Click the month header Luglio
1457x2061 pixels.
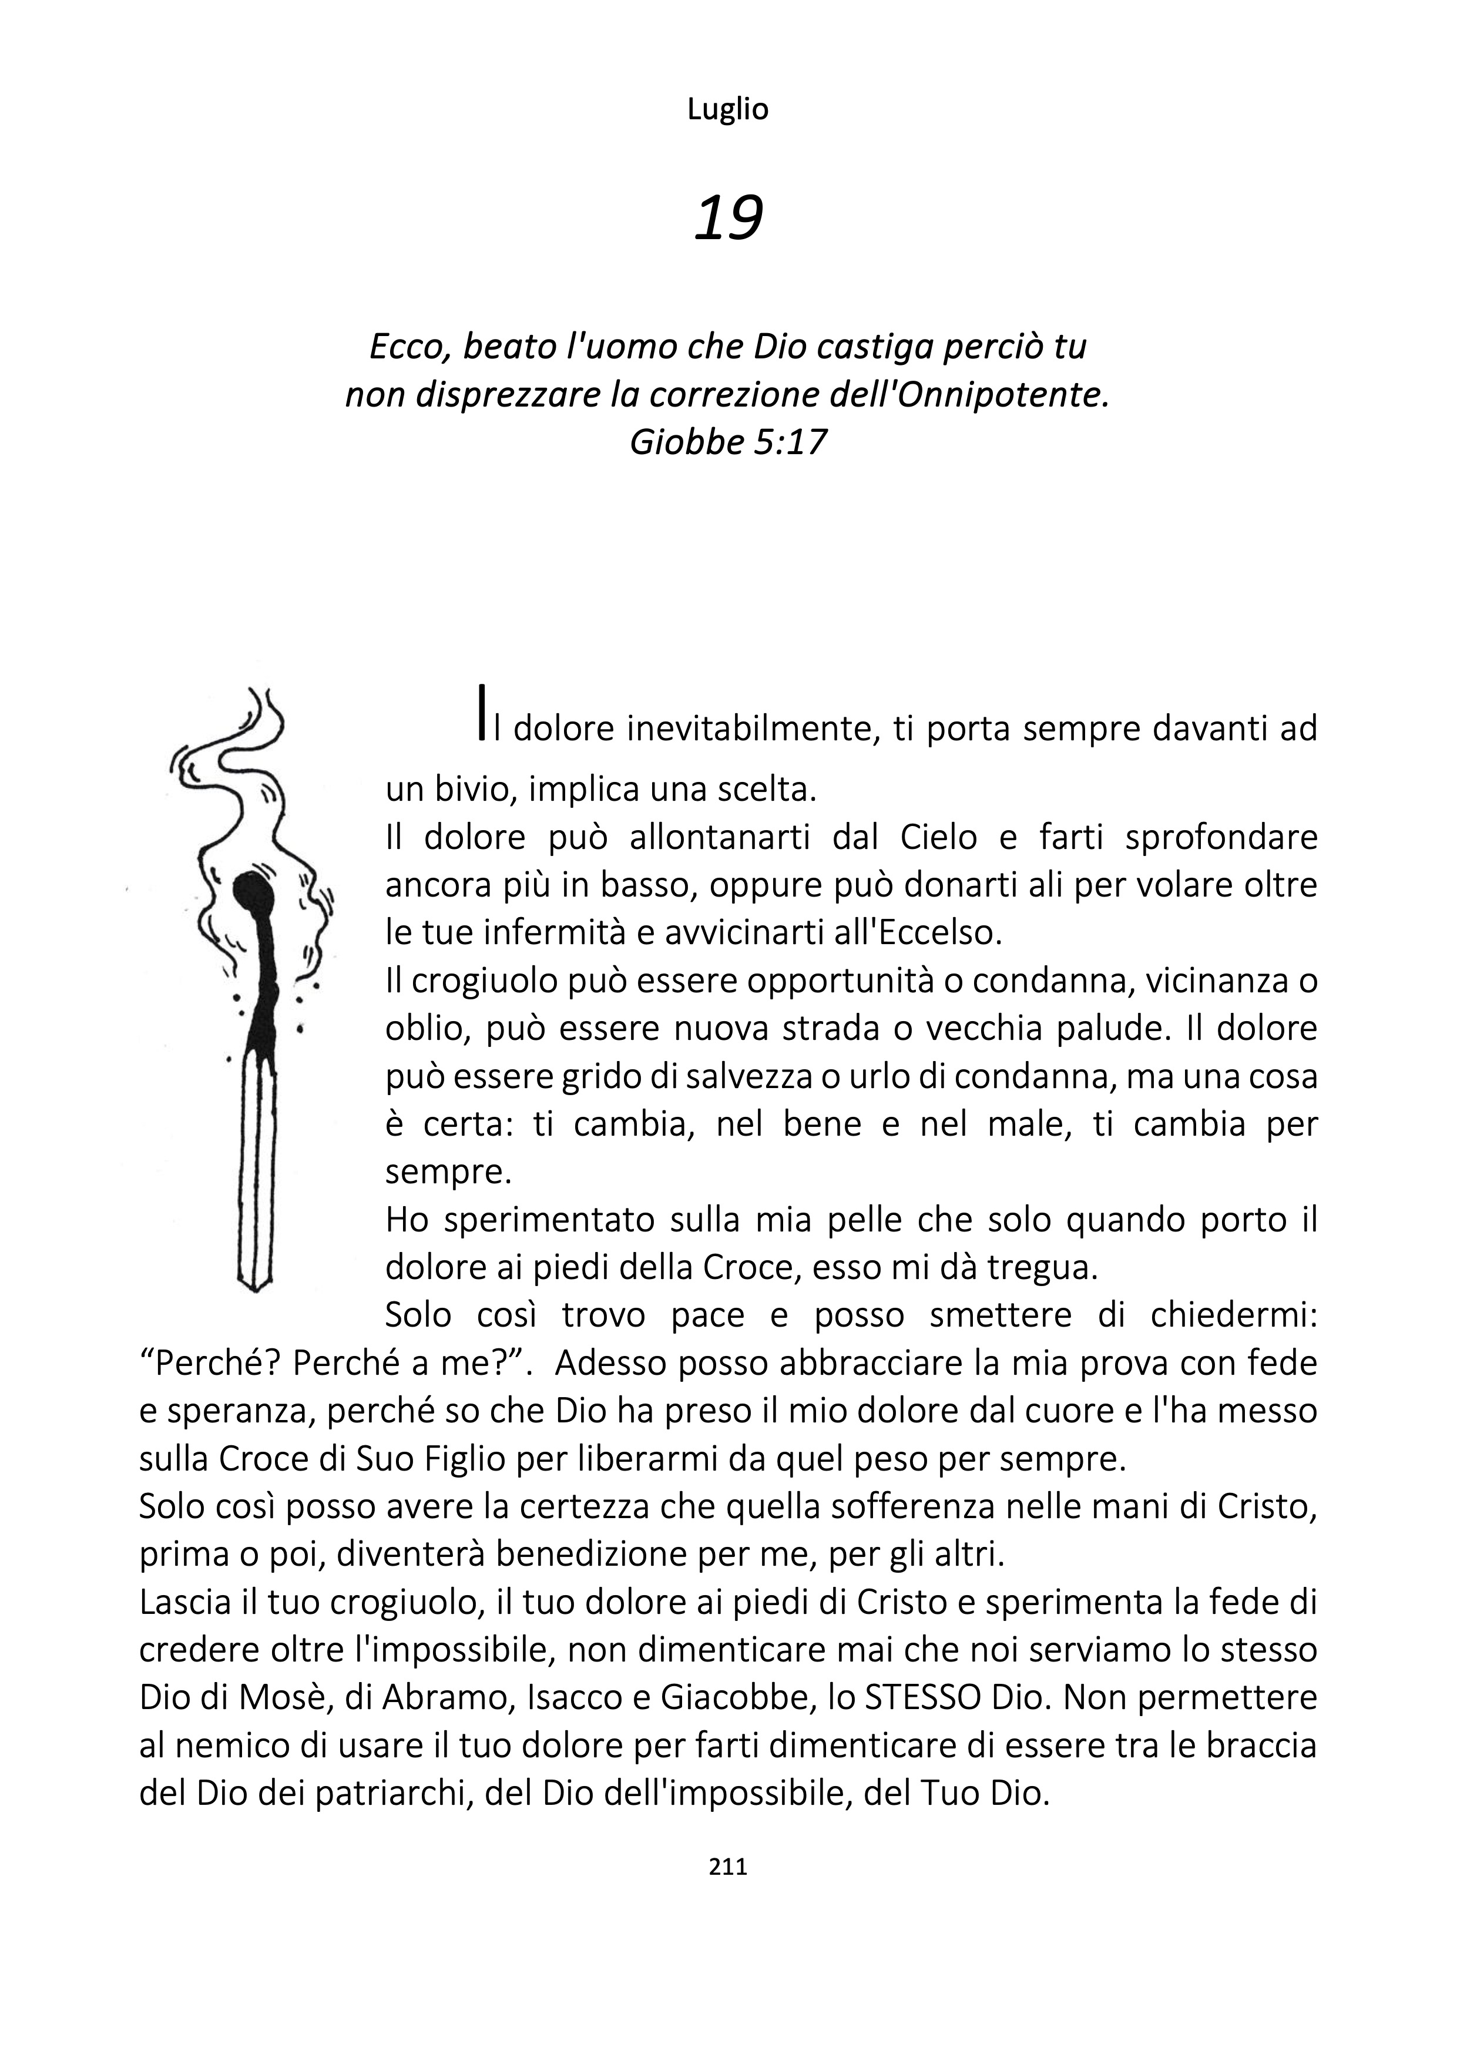(727, 109)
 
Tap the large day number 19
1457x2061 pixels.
(728, 218)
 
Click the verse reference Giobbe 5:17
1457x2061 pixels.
(727, 442)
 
